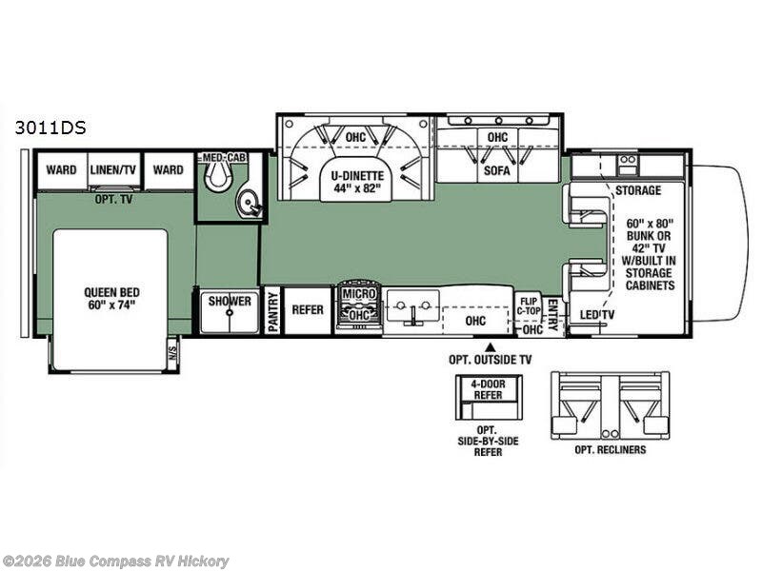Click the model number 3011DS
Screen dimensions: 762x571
[x=50, y=128]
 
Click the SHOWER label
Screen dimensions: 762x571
[x=230, y=301]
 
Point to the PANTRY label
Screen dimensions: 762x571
[x=273, y=312]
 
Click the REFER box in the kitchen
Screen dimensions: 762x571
[x=307, y=311]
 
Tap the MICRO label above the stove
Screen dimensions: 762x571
[x=359, y=294]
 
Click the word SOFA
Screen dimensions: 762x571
[x=496, y=170]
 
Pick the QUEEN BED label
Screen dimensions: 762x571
[x=111, y=299]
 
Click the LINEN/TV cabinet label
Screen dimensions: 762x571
[x=112, y=170]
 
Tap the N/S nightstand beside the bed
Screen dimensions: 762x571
[x=172, y=354]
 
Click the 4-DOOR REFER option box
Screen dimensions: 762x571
[x=489, y=397]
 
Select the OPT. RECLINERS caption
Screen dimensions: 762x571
[x=611, y=449]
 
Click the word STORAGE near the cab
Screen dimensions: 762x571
[x=638, y=190]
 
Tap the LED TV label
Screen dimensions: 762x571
[x=597, y=315]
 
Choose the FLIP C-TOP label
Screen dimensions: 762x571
[x=529, y=305]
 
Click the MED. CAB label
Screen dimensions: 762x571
[x=225, y=158]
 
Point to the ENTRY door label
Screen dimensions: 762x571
[x=552, y=315]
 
